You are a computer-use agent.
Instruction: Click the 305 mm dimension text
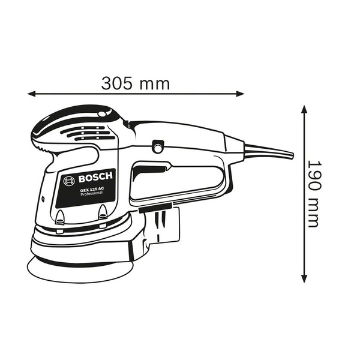[x=136, y=83]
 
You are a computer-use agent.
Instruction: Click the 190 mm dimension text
[x=313, y=194]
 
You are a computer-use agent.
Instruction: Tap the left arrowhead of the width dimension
[x=31, y=94]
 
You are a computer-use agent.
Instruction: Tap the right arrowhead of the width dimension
[x=241, y=94]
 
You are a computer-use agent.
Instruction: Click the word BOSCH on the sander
[x=95, y=177]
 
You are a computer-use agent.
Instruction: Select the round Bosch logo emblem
[x=69, y=181]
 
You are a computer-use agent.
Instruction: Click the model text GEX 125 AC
[x=92, y=190]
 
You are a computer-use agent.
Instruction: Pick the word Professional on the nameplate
[x=91, y=194]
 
